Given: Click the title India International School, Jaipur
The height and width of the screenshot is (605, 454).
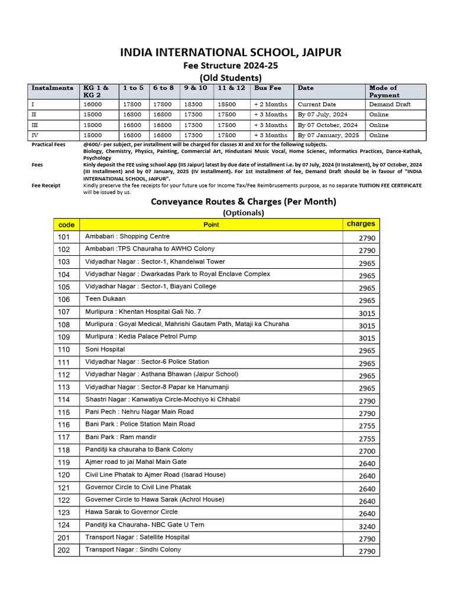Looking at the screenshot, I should [x=231, y=53].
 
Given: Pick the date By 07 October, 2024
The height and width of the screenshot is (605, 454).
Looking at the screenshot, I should [x=327, y=125].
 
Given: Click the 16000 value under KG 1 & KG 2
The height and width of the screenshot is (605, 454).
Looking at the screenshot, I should [x=93, y=104].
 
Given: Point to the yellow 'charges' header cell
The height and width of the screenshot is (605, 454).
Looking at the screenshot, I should [x=361, y=224].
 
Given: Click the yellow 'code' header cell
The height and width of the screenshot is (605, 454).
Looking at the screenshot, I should [x=67, y=225].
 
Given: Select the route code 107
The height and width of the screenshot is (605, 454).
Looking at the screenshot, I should [x=64, y=312].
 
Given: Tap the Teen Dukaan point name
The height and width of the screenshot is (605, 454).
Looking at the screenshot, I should [x=105, y=299].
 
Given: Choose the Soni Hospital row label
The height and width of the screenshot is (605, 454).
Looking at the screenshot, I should [x=105, y=349].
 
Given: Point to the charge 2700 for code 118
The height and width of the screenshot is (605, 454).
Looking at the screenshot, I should [x=367, y=451].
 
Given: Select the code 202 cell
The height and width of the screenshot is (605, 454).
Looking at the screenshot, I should [x=64, y=550].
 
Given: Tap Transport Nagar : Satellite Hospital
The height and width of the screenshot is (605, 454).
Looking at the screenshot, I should [x=137, y=537].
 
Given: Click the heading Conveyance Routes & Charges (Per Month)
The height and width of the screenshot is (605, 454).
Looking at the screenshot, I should [x=244, y=201].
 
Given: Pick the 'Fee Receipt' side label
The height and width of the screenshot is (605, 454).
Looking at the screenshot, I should [x=47, y=186].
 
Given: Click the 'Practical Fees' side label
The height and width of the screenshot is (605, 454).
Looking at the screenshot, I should [x=50, y=144].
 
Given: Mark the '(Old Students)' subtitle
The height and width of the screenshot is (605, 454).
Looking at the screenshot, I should [x=231, y=77].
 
